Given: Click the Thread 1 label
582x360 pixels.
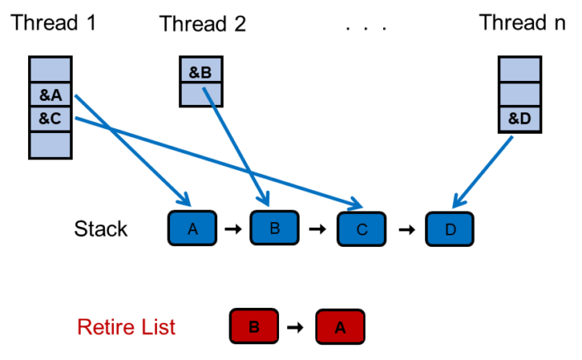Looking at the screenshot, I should pos(54,22).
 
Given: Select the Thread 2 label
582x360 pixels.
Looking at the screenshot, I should pos(203,24).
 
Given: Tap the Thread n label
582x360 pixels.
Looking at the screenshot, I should pos(523,22).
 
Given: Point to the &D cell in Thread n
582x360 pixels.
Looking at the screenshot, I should pos(520,120).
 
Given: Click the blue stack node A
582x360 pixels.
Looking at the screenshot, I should pos(192,227).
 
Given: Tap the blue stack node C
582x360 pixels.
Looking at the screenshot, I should pos(362,229).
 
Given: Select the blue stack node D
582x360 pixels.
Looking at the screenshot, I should pos(450,229).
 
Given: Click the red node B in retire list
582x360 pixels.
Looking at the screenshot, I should pos(254,327).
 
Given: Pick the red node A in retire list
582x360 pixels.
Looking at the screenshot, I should pos(339,328).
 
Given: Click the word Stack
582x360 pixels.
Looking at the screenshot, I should pos(101,229).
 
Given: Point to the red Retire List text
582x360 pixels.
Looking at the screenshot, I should pos(126,327).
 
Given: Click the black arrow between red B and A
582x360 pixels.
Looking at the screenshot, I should pos(296,328).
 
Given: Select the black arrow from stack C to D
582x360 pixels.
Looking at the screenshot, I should pos(406,229).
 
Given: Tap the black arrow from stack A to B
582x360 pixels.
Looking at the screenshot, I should pos(233,228).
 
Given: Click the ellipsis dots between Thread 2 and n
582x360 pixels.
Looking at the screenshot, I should pos(366,27).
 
